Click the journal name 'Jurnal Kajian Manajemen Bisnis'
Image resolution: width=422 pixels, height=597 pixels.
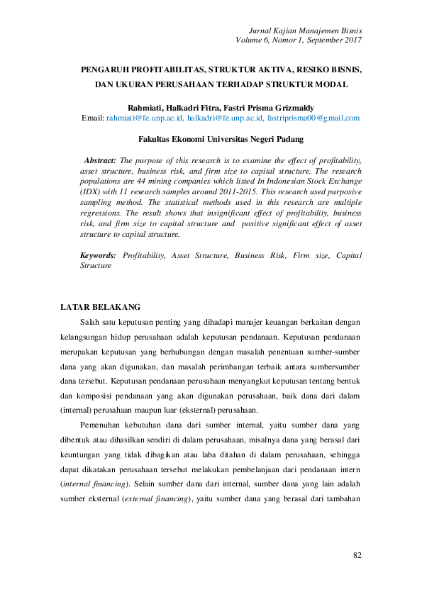(306, 30)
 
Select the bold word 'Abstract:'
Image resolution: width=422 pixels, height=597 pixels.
(100, 161)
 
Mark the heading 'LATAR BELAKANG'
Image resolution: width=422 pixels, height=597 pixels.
(101, 307)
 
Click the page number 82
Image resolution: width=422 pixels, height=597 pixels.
(357, 554)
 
